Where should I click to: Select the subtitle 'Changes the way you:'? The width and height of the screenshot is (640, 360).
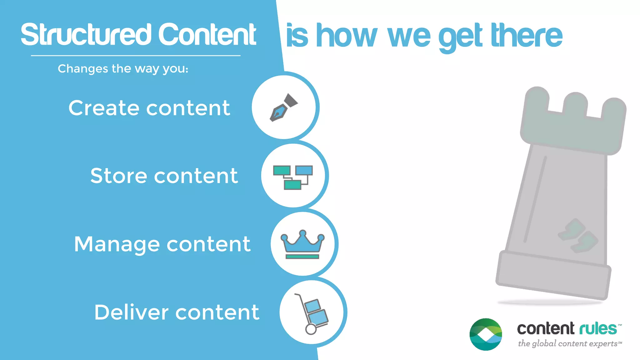pos(123,69)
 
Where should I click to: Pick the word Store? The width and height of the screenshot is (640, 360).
pos(118,176)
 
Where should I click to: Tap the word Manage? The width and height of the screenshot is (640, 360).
pos(117,244)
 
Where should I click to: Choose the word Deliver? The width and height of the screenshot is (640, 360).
pos(131,312)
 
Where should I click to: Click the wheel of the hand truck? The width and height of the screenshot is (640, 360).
pos(311,329)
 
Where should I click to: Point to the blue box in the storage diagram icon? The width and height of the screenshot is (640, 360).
pos(304,170)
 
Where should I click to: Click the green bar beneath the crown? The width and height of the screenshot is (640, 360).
pos(302,257)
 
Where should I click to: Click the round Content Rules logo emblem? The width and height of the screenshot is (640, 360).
pos(486,334)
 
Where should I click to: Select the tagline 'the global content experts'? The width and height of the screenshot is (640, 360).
pos(568,344)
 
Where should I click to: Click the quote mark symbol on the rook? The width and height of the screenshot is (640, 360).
pos(578,236)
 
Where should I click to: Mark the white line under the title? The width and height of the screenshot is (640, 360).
pos(136,56)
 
